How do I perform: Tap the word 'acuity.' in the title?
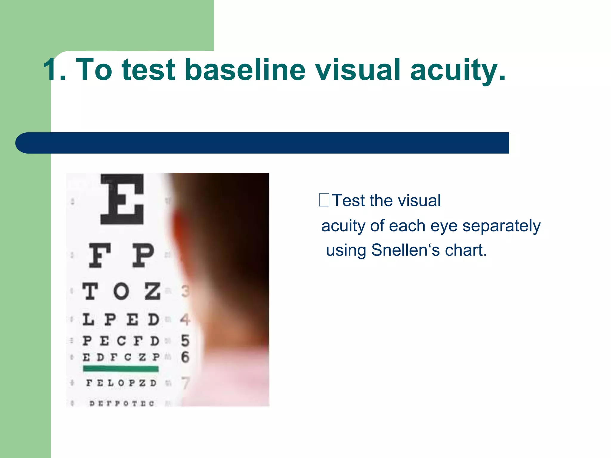pyautogui.click(x=458, y=70)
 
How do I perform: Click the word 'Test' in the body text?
pyautogui.click(x=348, y=200)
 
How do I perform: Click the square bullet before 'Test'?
pyautogui.click(x=324, y=200)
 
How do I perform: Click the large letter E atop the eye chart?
pyautogui.click(x=122, y=199)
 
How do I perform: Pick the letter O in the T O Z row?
pyautogui.click(x=121, y=291)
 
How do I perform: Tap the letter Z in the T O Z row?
pyautogui.click(x=152, y=291)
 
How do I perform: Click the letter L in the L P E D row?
pyautogui.click(x=88, y=319)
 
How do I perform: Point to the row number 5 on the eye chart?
pyautogui.click(x=185, y=341)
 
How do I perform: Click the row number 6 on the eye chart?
pyautogui.click(x=185, y=357)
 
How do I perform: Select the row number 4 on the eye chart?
pyautogui.click(x=185, y=319)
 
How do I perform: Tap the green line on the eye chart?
pyautogui.click(x=121, y=369)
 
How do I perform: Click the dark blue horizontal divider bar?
pyautogui.click(x=263, y=143)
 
